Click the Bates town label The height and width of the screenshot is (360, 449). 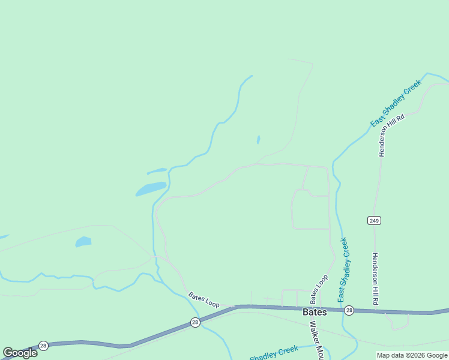(x=315, y=312)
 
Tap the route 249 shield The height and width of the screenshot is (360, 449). (x=375, y=221)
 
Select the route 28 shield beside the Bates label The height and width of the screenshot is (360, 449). (x=349, y=310)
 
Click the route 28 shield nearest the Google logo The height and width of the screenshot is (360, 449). (x=43, y=346)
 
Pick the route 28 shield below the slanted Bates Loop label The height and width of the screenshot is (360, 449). (x=195, y=322)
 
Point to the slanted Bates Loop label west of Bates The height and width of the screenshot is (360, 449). (x=203, y=300)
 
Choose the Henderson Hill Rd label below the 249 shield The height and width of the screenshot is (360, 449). (x=375, y=279)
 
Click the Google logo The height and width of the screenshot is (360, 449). (x=20, y=353)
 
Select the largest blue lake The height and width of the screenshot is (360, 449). (x=151, y=189)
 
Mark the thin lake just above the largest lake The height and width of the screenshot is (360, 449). (x=157, y=171)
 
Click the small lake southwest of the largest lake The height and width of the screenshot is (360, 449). (x=83, y=242)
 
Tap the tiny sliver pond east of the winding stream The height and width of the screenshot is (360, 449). (x=258, y=140)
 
